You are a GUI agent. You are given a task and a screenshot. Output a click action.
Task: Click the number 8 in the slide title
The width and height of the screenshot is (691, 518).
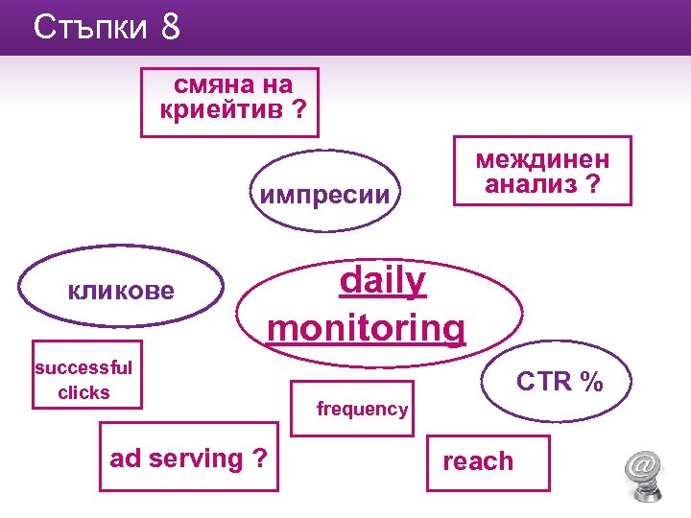click(x=171, y=28)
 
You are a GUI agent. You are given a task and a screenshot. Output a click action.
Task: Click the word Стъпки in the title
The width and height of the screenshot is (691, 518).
click(x=89, y=28)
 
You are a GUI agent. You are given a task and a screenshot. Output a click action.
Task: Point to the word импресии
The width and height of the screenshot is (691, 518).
click(x=325, y=195)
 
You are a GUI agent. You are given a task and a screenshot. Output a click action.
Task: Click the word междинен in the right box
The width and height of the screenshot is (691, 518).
click(x=542, y=159)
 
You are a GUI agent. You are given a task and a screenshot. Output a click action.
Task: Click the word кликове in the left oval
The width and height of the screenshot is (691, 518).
click(x=121, y=290)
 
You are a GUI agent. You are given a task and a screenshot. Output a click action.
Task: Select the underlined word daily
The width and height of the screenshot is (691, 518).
click(x=383, y=281)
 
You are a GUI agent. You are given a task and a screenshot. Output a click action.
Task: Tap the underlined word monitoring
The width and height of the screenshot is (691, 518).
click(x=367, y=327)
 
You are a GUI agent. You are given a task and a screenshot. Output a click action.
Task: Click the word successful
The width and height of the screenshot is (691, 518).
click(x=83, y=366)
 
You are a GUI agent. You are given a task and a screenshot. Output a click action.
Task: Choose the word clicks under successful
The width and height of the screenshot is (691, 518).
click(x=83, y=392)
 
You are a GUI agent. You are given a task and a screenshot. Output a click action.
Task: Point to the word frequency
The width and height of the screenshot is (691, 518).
click(x=362, y=410)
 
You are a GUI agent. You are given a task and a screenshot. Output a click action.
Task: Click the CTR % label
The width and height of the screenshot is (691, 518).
click(x=560, y=382)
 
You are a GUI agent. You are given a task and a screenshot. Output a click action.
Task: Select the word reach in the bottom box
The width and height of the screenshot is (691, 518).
click(x=478, y=461)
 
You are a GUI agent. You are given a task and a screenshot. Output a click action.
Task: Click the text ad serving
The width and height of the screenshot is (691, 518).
click(x=177, y=459)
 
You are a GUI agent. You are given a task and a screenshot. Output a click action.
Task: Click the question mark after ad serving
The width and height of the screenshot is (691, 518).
click(x=259, y=459)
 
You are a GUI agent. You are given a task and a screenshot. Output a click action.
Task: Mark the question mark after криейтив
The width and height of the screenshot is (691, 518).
click(x=300, y=109)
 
